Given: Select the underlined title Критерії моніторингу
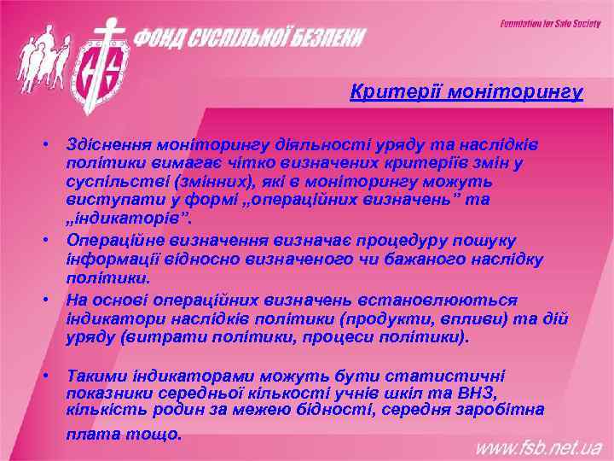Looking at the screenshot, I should [x=466, y=91].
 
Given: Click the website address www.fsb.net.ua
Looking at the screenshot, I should [x=537, y=446].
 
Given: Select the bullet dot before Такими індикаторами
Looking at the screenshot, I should [x=52, y=375].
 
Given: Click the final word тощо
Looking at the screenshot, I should [x=154, y=434].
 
